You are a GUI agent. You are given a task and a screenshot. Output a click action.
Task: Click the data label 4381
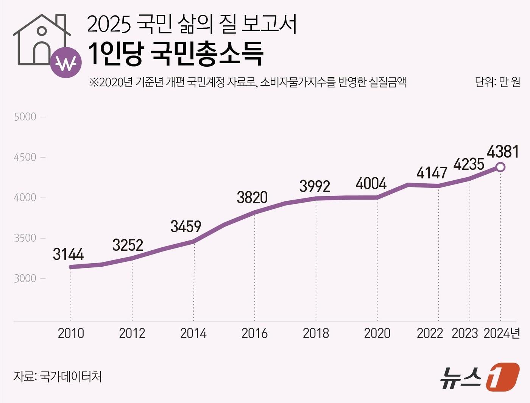tap(502, 152)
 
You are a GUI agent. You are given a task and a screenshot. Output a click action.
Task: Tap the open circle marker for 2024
tap(500, 167)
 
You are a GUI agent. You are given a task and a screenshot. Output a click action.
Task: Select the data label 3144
tap(68, 254)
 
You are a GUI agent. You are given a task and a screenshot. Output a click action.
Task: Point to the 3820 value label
tap(252, 197)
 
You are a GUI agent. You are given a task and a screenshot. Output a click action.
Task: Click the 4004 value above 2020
tap(371, 184)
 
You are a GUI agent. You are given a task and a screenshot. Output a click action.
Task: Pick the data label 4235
tap(469, 164)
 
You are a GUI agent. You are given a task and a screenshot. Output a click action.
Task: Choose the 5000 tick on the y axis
tap(25, 117)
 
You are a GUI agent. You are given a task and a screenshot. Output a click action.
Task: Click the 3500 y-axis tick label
tap(25, 238)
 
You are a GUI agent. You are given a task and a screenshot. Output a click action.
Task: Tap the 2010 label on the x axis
tap(71, 333)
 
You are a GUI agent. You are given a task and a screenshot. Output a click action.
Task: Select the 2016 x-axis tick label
tap(254, 333)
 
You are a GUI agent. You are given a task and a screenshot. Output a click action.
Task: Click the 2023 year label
tap(465, 333)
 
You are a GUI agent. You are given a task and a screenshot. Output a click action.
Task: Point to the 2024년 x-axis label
tap(502, 333)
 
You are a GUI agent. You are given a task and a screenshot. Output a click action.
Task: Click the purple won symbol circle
tap(66, 63)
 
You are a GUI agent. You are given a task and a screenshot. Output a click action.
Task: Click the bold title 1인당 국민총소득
tap(176, 54)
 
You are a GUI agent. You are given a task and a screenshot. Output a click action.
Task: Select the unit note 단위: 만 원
tap(497, 82)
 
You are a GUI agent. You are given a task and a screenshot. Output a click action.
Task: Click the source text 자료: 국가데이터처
tap(58, 376)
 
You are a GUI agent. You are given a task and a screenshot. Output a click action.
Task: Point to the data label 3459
tap(185, 226)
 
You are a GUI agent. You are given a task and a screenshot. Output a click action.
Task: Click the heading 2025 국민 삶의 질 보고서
tap(192, 24)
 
